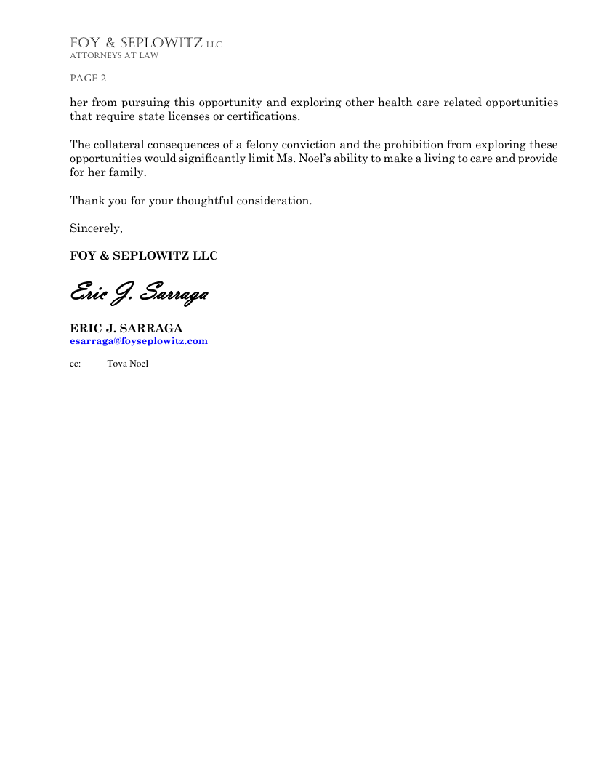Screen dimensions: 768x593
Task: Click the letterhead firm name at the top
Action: click(145, 44)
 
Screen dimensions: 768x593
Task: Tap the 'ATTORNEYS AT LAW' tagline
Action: click(114, 56)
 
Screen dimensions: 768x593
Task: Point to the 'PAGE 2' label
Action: click(88, 79)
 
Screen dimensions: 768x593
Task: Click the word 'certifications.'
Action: click(263, 116)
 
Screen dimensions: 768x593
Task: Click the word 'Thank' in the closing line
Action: click(85, 201)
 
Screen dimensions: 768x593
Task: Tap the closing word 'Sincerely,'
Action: click(96, 228)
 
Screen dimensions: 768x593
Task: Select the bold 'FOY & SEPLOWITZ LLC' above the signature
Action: click(144, 256)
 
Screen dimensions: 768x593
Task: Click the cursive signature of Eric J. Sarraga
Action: click(140, 294)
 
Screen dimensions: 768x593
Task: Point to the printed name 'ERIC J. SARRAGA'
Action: click(126, 329)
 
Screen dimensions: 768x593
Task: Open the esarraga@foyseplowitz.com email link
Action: click(139, 340)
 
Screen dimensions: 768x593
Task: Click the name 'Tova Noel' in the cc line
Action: click(128, 364)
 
